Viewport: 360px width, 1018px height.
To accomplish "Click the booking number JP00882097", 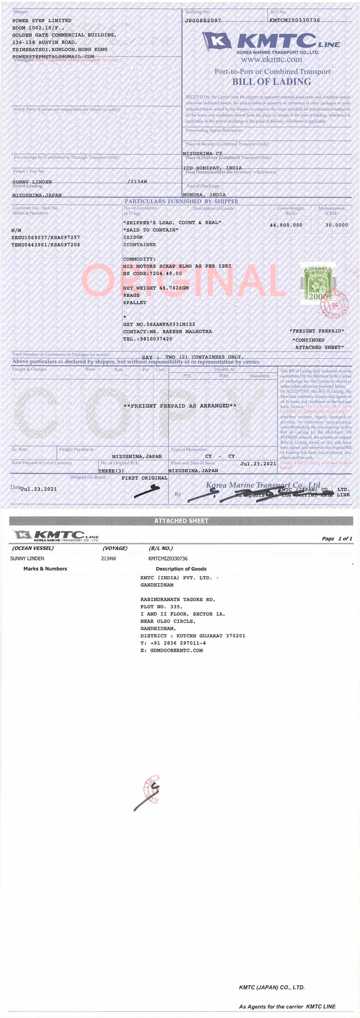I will pyautogui.click(x=203, y=20).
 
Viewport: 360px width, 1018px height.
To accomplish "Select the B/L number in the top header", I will pyautogui.click(x=294, y=20).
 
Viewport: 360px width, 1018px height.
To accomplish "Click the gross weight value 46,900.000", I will pyautogui.click(x=286, y=225).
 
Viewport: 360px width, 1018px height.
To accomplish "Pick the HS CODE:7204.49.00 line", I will pyautogui.click(x=153, y=274).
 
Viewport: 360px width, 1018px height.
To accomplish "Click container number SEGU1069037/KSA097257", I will pyautogui.click(x=46, y=238).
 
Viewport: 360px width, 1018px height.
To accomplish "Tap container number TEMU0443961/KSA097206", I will pyautogui.click(x=46, y=245).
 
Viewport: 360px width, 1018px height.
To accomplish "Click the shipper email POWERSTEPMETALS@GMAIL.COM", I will pyautogui.click(x=53, y=57).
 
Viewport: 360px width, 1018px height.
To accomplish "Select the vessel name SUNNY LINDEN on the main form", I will pyautogui.click(x=32, y=182).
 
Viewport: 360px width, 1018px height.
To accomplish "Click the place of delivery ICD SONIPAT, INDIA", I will pyautogui.click(x=212, y=168).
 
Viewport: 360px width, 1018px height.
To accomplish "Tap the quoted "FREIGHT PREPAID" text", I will pyautogui.click(x=316, y=331).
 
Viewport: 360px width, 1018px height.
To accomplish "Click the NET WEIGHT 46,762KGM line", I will pyautogui.click(x=156, y=288).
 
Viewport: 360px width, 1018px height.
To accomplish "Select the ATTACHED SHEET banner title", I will pyautogui.click(x=181, y=521).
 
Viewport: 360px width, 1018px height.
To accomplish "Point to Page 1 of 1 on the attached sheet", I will pyautogui.click(x=337, y=539).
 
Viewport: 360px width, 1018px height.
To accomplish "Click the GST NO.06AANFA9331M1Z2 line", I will pyautogui.click(x=159, y=324).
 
